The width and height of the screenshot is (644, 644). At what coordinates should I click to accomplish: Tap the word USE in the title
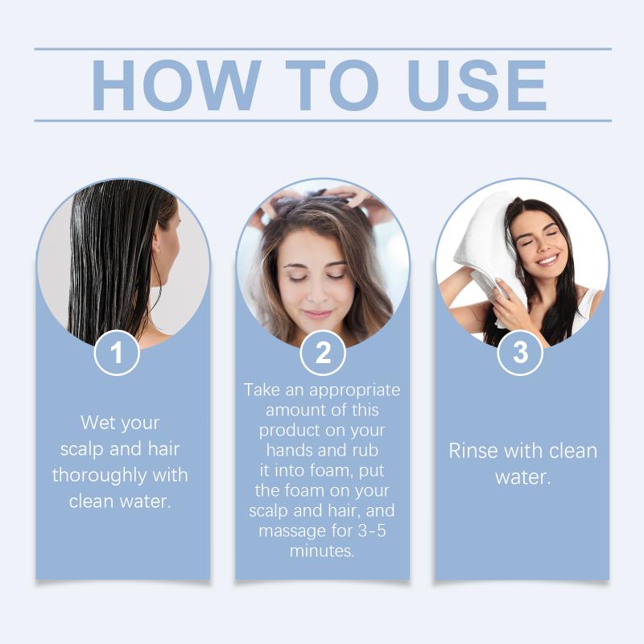[477, 85]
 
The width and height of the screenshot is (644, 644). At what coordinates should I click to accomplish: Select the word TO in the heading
[332, 85]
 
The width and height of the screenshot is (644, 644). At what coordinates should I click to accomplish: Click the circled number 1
[117, 353]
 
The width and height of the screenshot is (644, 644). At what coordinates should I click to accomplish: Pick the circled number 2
[323, 353]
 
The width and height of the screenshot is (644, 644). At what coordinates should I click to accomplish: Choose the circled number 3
[520, 353]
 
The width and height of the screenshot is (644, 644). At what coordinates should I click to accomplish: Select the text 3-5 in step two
[372, 530]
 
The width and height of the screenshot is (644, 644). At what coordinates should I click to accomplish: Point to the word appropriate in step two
[355, 390]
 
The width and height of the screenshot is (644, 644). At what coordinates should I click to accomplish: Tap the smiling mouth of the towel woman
[547, 259]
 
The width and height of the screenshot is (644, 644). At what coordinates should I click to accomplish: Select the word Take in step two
[262, 390]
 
